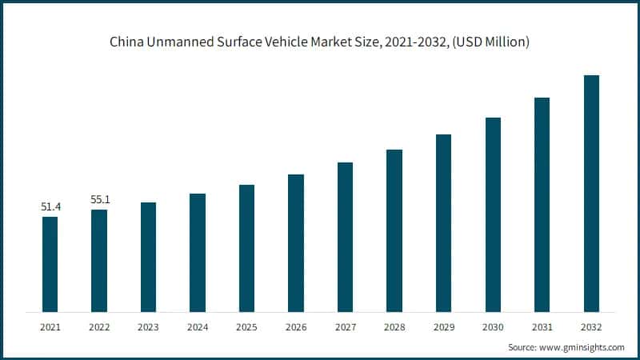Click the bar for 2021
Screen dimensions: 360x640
[x=50, y=264]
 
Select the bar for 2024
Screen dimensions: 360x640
[x=198, y=252]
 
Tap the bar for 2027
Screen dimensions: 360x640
[x=345, y=237]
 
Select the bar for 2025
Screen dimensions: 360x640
[x=246, y=248]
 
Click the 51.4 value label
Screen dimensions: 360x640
[x=50, y=207]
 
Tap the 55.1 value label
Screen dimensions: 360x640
[x=99, y=200]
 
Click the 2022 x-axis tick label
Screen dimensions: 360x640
[x=99, y=327]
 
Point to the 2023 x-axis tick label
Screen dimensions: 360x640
[x=148, y=327]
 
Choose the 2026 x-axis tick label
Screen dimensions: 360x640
[x=296, y=327]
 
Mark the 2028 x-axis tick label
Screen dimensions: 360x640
[x=394, y=327]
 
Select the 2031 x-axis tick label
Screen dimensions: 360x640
[x=542, y=327]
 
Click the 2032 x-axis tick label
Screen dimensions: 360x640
[x=591, y=327]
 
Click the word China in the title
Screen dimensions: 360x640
[x=126, y=42]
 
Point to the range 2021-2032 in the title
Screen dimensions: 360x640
[x=414, y=42]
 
